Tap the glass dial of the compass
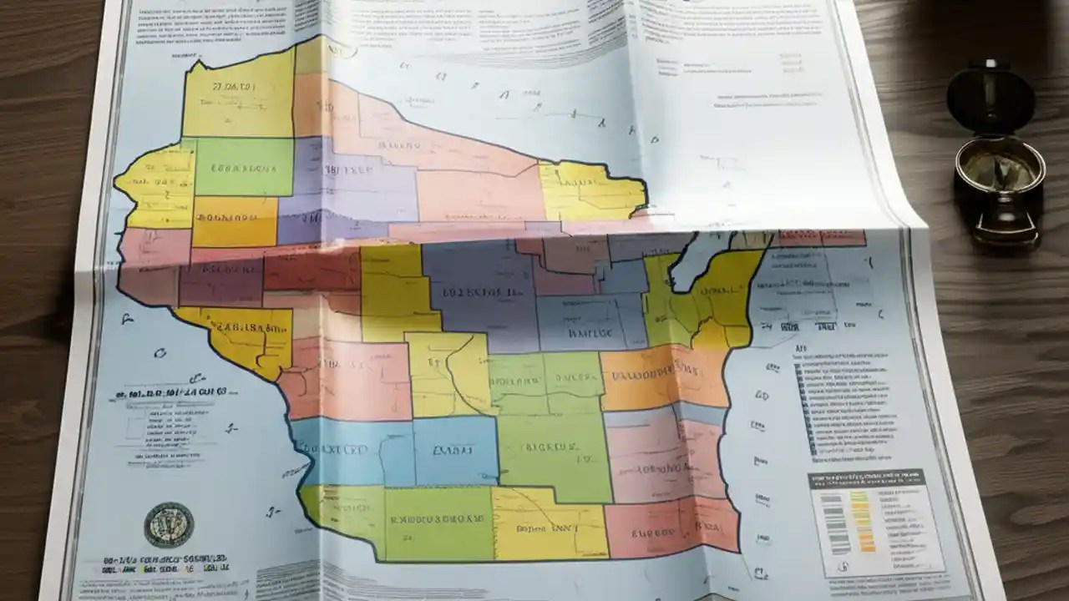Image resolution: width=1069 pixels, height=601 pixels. pos(1000,172)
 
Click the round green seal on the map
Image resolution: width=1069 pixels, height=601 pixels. pos(169,524)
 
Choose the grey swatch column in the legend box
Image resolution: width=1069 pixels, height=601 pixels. pos(834,522)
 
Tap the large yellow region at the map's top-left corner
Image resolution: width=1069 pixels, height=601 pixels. pos(238,93)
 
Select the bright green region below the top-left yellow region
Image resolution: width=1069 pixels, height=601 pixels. pos(244,167)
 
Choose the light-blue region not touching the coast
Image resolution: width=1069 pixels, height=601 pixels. pos(455,451)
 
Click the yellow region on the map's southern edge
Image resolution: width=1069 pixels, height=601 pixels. pos(547,523)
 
